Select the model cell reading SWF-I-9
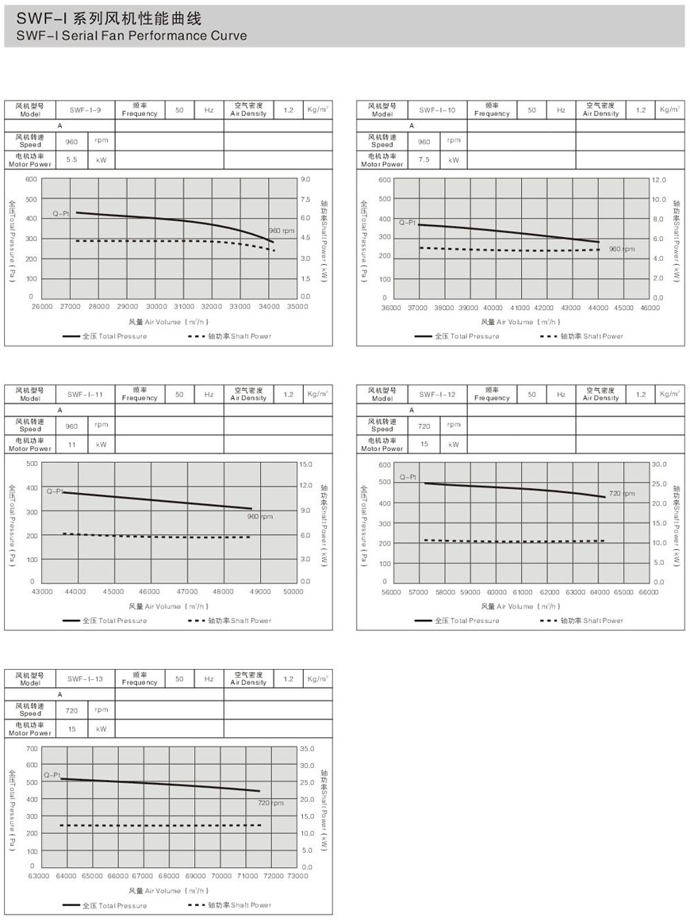click(x=86, y=109)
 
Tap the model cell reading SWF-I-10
click(x=437, y=109)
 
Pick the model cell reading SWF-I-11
click(x=86, y=394)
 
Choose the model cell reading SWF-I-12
click(x=437, y=394)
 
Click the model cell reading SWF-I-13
click(x=86, y=678)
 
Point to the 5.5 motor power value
click(x=71, y=159)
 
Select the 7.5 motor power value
click(x=424, y=159)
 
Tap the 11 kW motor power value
click(x=71, y=444)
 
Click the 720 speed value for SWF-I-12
click(x=424, y=425)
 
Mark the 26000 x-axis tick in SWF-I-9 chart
click(x=41, y=306)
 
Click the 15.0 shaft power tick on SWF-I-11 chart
click(x=306, y=463)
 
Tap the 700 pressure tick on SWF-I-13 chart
click(x=32, y=747)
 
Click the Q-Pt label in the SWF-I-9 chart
click(x=62, y=214)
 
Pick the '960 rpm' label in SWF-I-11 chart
click(x=260, y=517)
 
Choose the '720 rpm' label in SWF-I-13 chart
click(x=270, y=803)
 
